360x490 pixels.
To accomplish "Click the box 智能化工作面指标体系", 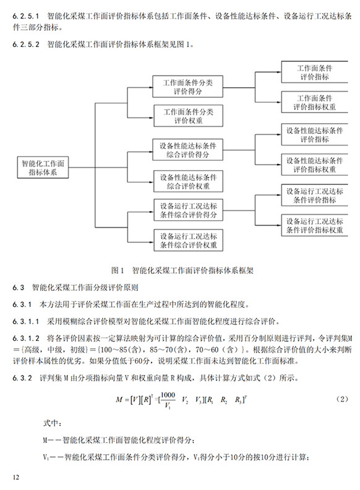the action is click(43, 168).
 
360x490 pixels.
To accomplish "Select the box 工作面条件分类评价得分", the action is click(187, 87).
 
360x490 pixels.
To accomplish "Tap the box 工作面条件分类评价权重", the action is click(188, 116).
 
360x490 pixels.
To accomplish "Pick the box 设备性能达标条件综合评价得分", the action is click(187, 150).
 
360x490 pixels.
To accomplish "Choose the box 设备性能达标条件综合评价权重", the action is click(188, 181).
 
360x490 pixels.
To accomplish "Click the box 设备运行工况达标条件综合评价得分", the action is click(188, 210).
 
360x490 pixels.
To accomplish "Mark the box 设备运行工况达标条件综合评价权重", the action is click(188, 240).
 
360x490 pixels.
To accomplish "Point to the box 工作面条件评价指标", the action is click(314, 72).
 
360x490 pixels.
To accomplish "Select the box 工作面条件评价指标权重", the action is click(314, 102).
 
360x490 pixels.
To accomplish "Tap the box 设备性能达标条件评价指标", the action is click(314, 134).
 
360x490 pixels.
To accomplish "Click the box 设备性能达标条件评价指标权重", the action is click(314, 165).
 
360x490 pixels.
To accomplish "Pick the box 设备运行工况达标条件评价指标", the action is click(314, 195).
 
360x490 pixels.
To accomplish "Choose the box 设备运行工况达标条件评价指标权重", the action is click(314, 225).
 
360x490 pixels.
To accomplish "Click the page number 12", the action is click(16, 477).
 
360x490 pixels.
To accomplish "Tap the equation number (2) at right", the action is click(342, 399).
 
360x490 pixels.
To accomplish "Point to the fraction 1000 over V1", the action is click(168, 400).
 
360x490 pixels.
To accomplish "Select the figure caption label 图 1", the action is click(118, 270).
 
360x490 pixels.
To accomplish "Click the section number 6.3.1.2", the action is click(26, 338).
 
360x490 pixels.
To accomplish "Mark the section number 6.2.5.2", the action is click(26, 45).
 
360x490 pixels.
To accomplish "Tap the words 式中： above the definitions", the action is click(52, 423).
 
